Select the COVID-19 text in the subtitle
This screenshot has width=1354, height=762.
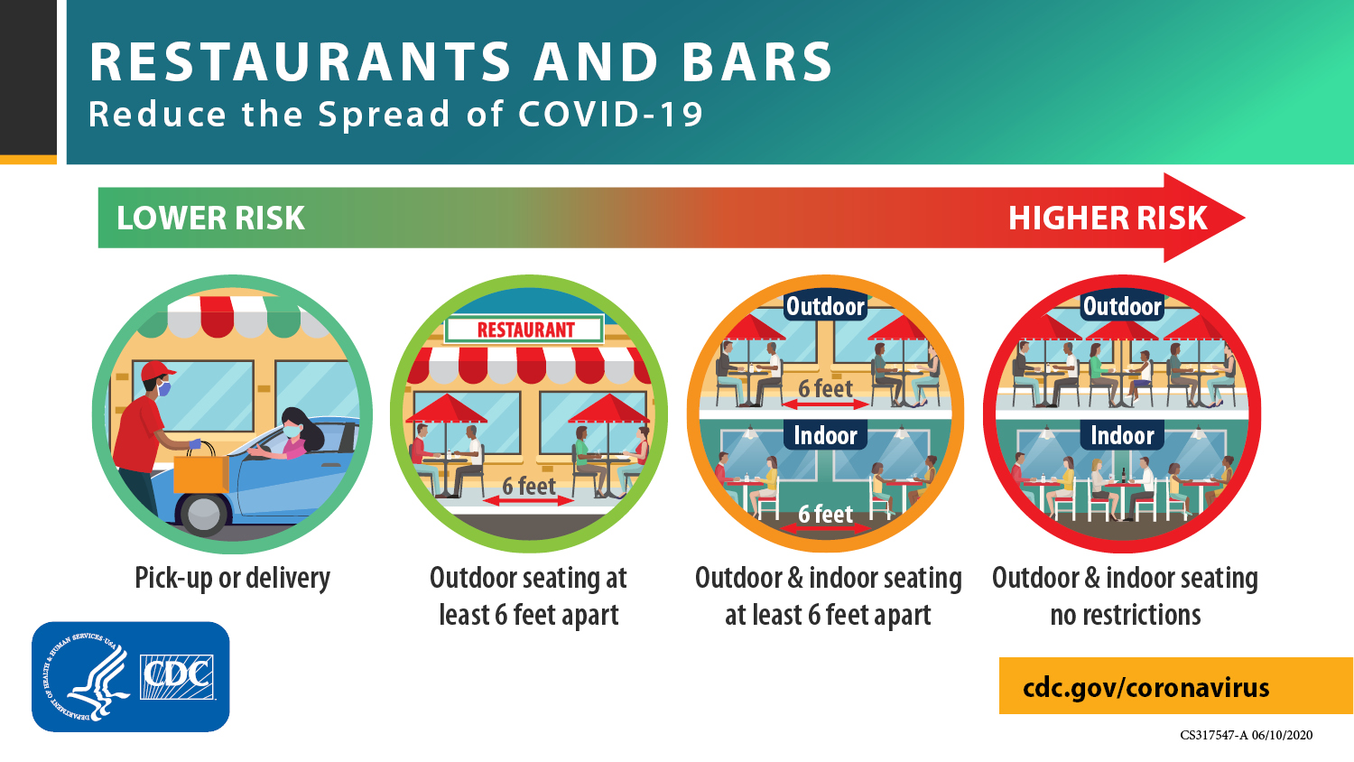610,114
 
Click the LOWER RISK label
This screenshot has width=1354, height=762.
210,218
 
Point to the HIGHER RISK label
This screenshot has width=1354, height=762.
1108,218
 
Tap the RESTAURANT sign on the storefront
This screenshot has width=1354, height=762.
524,330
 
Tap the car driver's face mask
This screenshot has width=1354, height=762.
292,432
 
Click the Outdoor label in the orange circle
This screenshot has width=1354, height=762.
825,307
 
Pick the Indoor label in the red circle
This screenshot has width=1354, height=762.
1122,435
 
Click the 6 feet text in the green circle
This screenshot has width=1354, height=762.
528,486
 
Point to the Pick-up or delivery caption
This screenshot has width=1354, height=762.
232,578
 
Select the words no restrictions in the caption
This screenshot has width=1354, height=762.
1126,615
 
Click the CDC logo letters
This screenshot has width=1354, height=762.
177,677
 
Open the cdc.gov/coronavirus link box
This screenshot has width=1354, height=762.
1175,686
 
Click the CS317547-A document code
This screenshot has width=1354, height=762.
1213,736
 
